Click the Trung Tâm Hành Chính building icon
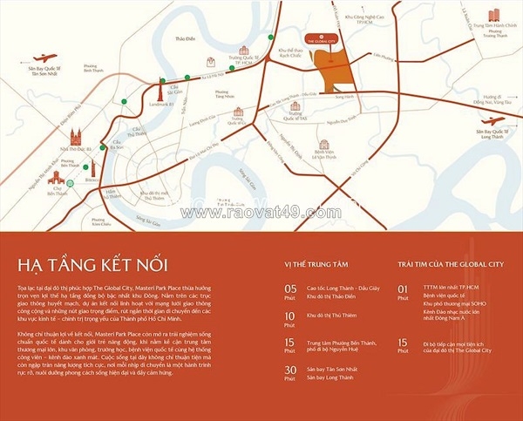point(494,14)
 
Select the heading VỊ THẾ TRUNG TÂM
point(316,261)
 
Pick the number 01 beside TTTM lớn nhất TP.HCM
point(402,287)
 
